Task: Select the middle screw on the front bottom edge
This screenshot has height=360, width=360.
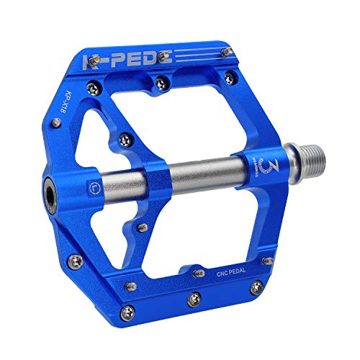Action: pos(194,297)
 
